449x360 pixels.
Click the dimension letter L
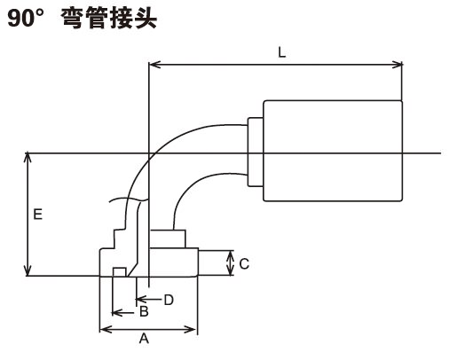tap(282, 53)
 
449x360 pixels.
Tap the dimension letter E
tap(38, 215)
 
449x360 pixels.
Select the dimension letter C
tap(244, 264)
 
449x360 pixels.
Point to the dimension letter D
tap(169, 301)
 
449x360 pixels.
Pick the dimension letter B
tap(144, 311)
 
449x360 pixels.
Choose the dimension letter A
tap(144, 339)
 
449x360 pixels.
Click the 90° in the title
tap(26, 19)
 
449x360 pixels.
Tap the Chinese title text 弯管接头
tap(109, 19)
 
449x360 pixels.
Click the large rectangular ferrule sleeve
tap(333, 151)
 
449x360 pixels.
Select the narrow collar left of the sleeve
tap(256, 152)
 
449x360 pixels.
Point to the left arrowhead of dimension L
tap(154, 65)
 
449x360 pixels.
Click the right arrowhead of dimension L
tap(397, 65)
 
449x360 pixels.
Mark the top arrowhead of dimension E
tap(28, 158)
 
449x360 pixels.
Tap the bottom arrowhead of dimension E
tap(28, 270)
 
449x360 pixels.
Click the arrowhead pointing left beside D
tap(141, 300)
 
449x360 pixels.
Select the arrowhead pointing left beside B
tap(117, 312)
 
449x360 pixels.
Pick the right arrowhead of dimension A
tap(192, 329)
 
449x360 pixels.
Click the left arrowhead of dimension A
tap(106, 329)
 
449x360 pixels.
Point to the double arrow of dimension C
tap(231, 263)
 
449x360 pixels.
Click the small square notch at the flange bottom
tap(120, 272)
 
